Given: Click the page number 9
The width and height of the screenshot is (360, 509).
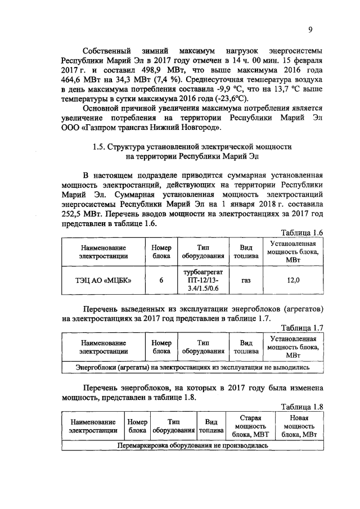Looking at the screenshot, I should (x=309, y=30).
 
